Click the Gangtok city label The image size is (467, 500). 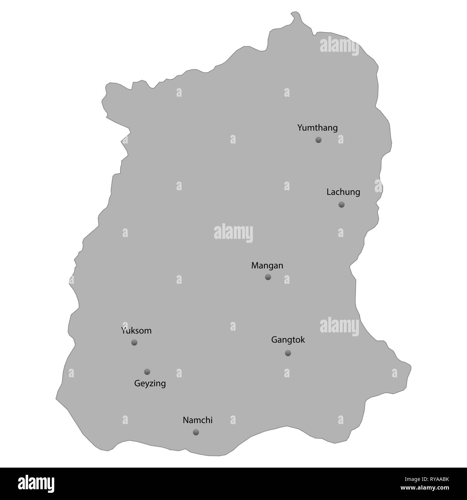[288, 340]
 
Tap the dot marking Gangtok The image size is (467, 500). [288, 353]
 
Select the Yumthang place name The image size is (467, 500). [318, 128]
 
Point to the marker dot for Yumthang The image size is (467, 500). [318, 140]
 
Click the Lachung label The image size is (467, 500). [343, 192]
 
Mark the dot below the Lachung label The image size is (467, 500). [341, 205]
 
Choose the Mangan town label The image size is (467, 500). [267, 266]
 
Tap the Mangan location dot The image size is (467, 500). [268, 277]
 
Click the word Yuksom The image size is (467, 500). [136, 331]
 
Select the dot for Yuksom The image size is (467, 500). [134, 342]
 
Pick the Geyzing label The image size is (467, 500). [150, 384]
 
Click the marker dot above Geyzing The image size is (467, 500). [147, 372]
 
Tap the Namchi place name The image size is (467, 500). [198, 420]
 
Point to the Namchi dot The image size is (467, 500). [196, 432]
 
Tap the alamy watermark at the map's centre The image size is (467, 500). [233, 233]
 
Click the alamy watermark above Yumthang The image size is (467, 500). [339, 47]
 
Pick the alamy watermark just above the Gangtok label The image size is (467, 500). [339, 326]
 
